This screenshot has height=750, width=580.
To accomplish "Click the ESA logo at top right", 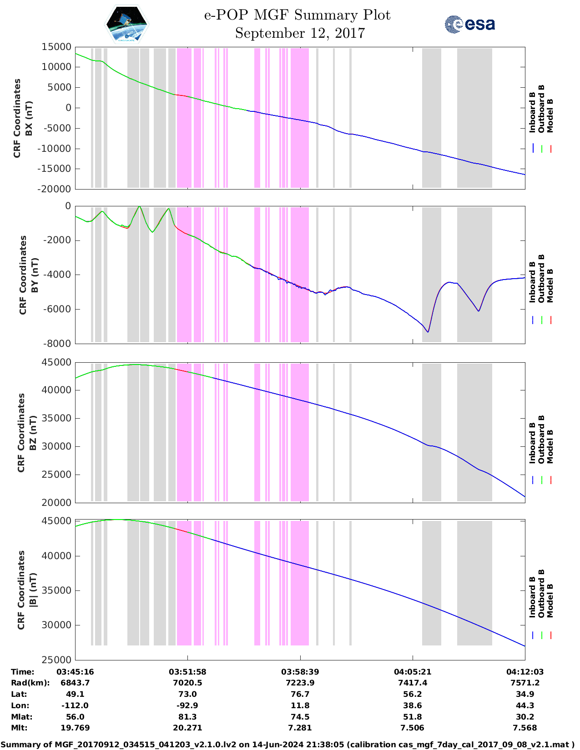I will coord(469,24).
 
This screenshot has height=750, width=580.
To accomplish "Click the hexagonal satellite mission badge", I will coord(127,25).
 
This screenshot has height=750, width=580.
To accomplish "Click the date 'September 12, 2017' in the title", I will coord(300,33).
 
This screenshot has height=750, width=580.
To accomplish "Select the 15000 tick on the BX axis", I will coord(56,47).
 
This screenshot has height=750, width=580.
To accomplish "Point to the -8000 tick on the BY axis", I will coord(56,344).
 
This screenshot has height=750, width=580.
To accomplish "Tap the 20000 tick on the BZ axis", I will coord(56,502).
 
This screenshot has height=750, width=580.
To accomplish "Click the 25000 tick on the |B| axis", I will coord(56,660).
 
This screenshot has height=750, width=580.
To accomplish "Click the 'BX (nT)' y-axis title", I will coord(29,118).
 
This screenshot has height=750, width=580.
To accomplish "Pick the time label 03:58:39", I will coord(300,672).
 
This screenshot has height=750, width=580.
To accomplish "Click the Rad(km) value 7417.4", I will coord(412,683).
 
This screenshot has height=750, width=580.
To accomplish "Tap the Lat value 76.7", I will coord(300,694).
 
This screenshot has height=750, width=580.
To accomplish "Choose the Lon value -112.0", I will coord(75,705).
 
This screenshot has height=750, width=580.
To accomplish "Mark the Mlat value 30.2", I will coord(525,717).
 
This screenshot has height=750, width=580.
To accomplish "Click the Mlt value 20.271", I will coord(187,728).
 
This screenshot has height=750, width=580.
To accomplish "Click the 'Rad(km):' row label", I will coord(30,683).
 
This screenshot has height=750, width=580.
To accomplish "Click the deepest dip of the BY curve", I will coord(428,332).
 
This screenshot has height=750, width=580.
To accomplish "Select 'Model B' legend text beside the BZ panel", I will coord(550,446).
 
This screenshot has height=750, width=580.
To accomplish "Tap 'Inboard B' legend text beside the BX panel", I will coord(532,112).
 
